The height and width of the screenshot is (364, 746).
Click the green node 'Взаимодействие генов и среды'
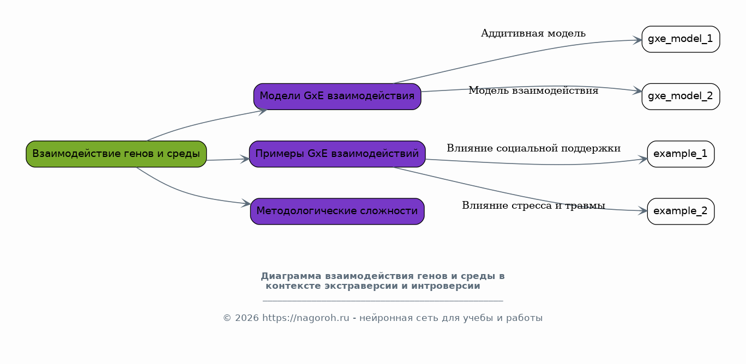coord(116,154)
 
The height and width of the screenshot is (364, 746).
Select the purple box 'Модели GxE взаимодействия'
coord(337,96)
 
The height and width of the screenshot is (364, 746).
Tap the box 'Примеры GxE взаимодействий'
coord(337,154)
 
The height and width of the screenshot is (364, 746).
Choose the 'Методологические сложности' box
coord(337,211)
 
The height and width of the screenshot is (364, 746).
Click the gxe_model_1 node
coord(681,39)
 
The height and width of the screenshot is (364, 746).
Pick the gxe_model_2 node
coord(681,96)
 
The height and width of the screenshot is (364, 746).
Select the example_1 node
coord(681,154)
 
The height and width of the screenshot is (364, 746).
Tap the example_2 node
coord(681,211)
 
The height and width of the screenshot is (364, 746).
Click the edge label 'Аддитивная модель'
coord(533,34)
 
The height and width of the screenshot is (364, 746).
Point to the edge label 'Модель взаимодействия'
coord(533,91)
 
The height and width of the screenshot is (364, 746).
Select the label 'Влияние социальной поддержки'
coord(533,148)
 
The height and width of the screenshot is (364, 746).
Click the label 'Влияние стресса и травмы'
coord(533,205)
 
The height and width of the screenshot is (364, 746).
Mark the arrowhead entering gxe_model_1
coord(637,40)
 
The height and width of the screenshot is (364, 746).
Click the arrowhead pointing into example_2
coord(642,210)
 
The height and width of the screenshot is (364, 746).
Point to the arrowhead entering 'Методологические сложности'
coord(246,204)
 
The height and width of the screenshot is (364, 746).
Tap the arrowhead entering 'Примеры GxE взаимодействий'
coord(245,159)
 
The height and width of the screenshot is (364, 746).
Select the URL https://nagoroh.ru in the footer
coord(305,318)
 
